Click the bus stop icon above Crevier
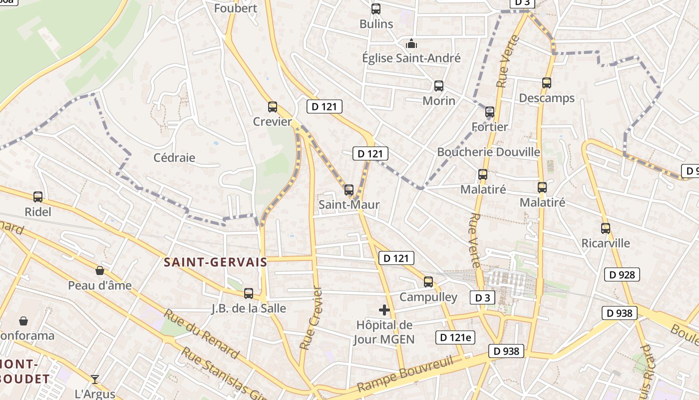click(x=273, y=106)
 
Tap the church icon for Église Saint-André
click(x=411, y=43)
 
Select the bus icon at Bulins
click(x=376, y=9)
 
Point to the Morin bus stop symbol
click(x=439, y=86)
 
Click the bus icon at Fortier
click(x=490, y=112)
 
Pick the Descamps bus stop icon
click(x=547, y=83)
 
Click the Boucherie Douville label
click(x=488, y=152)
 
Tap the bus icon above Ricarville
click(x=606, y=228)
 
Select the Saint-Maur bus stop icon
click(x=349, y=190)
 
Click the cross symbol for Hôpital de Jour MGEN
click(x=384, y=310)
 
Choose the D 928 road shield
click(x=622, y=274)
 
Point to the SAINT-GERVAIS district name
click(x=216, y=262)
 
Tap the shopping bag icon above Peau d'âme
click(x=100, y=271)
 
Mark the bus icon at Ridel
click(x=38, y=197)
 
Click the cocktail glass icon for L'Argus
click(x=95, y=379)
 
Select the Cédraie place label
click(x=174, y=158)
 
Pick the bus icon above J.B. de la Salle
click(x=249, y=293)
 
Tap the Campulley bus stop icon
click(x=428, y=282)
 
